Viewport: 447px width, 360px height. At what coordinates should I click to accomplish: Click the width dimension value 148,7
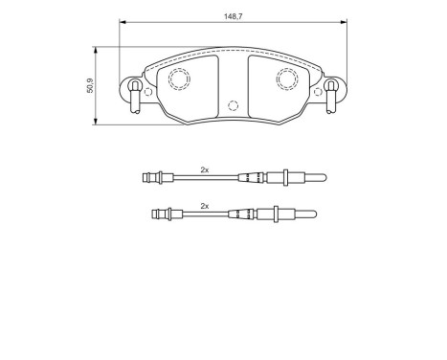[x=231, y=15]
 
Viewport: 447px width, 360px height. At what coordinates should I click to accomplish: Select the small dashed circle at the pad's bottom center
[x=233, y=106]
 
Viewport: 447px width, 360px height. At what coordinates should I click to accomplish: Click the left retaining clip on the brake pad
[x=135, y=92]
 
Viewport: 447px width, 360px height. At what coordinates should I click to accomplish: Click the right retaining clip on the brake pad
[x=331, y=92]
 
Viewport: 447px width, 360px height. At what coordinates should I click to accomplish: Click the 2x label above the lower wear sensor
[x=204, y=205]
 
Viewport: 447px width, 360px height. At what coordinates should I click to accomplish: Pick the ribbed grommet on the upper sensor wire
[x=252, y=177]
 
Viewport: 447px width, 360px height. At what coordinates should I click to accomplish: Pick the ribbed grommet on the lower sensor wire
[x=244, y=214]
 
